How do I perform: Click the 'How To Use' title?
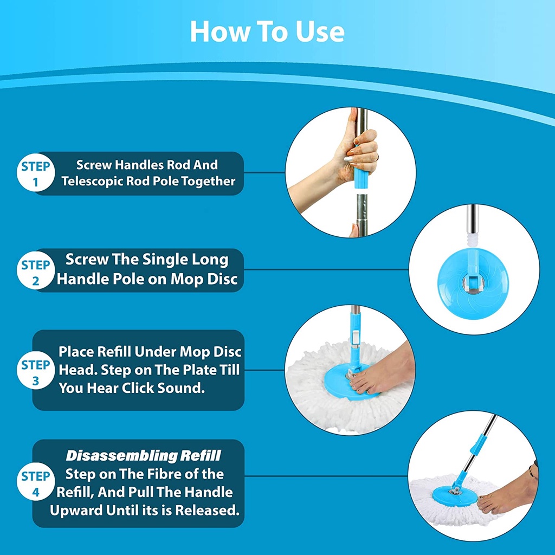point(267,31)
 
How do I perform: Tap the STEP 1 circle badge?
point(36,173)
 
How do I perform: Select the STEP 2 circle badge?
point(36,270)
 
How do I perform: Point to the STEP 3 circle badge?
point(36,370)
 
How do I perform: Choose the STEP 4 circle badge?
point(36,482)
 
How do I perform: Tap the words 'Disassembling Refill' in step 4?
point(143,456)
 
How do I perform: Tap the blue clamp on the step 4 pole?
point(479,445)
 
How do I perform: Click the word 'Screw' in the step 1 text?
point(93,165)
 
